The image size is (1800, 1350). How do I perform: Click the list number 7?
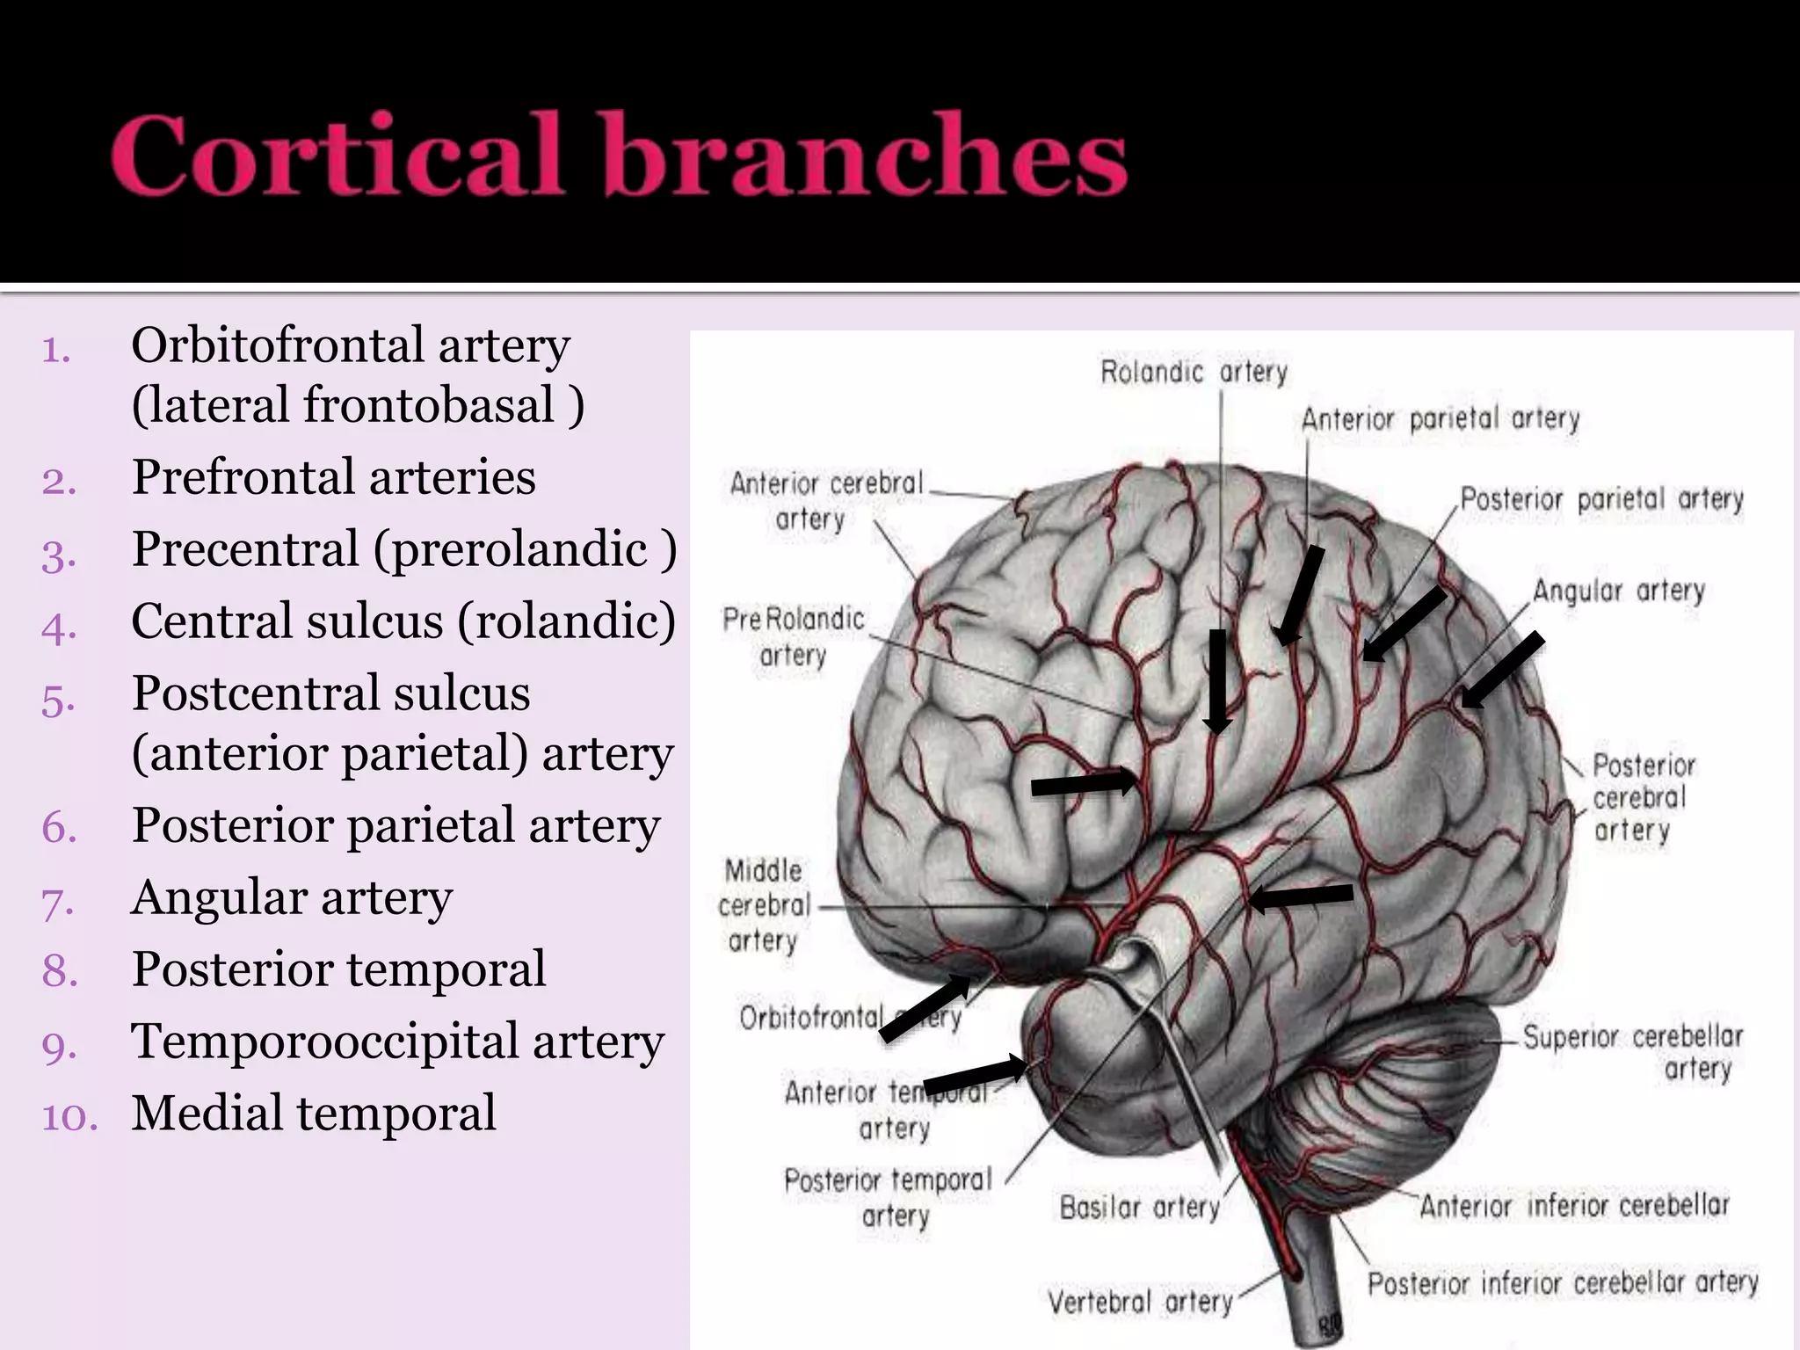(57, 903)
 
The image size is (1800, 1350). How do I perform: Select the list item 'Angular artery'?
(292, 898)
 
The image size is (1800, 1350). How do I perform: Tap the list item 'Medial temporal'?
(313, 1114)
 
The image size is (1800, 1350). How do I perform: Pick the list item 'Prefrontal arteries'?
(333, 478)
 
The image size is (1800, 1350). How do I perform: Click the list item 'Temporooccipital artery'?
(397, 1042)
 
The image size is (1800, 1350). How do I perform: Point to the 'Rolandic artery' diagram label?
(1193, 373)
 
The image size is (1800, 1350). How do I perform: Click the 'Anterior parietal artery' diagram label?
(1440, 418)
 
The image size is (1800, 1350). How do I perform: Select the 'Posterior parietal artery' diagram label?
(1601, 499)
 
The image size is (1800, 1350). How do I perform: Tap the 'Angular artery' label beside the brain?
(1618, 591)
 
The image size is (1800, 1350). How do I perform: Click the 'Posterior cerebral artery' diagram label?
(1642, 798)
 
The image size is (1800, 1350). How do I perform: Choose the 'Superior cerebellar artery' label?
(1633, 1052)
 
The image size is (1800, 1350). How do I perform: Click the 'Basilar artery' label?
(1139, 1208)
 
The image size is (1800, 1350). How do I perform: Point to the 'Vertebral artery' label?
(1139, 1301)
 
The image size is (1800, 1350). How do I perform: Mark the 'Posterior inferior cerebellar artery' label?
(1562, 1283)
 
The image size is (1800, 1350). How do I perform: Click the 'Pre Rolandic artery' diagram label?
(793, 636)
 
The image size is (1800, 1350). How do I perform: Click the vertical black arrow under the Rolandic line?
(1217, 682)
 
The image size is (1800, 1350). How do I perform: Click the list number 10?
(69, 1117)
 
